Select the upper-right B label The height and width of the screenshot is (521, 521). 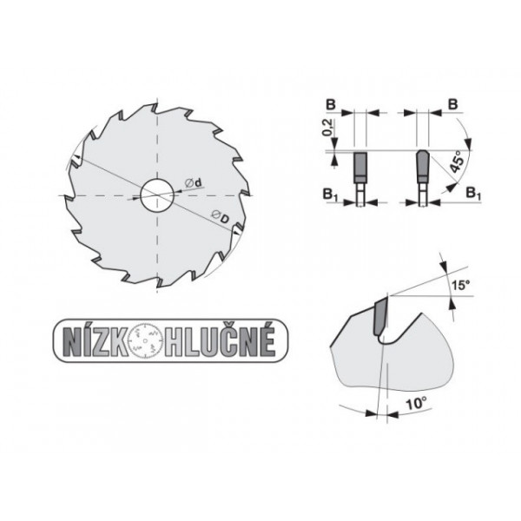point(452,102)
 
